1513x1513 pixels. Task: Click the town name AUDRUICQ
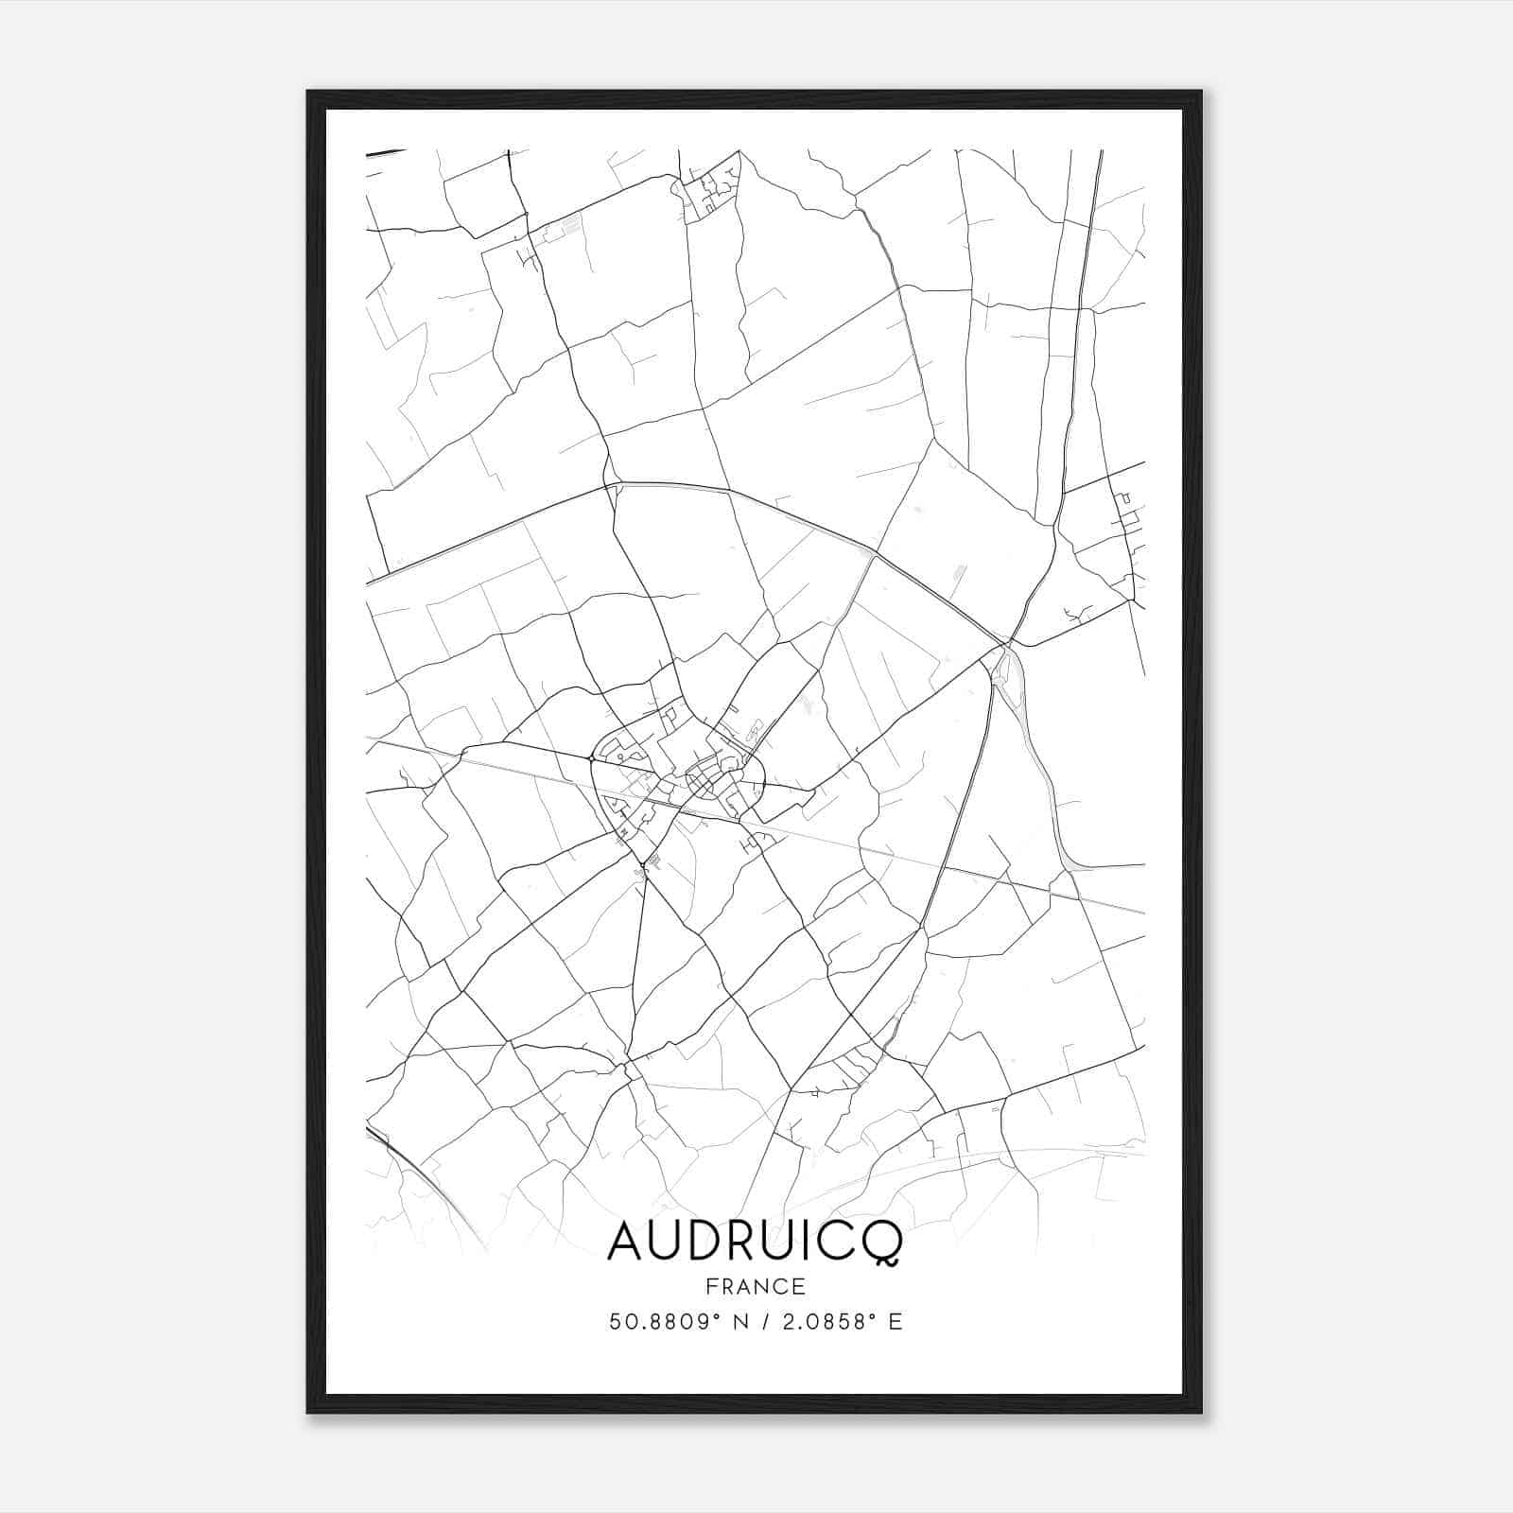click(x=755, y=1242)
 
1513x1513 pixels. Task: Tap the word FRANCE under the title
click(x=755, y=1287)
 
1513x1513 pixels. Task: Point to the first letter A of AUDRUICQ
click(x=627, y=1242)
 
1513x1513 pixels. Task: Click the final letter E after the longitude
click(x=896, y=1322)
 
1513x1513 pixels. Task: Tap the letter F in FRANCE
click(x=710, y=1287)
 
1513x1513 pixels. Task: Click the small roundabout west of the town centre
click(x=591, y=758)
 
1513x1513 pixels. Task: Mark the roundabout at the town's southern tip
click(x=643, y=863)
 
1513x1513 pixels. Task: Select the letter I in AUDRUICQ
click(x=815, y=1242)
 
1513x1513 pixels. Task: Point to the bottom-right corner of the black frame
click(x=1200, y=1411)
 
